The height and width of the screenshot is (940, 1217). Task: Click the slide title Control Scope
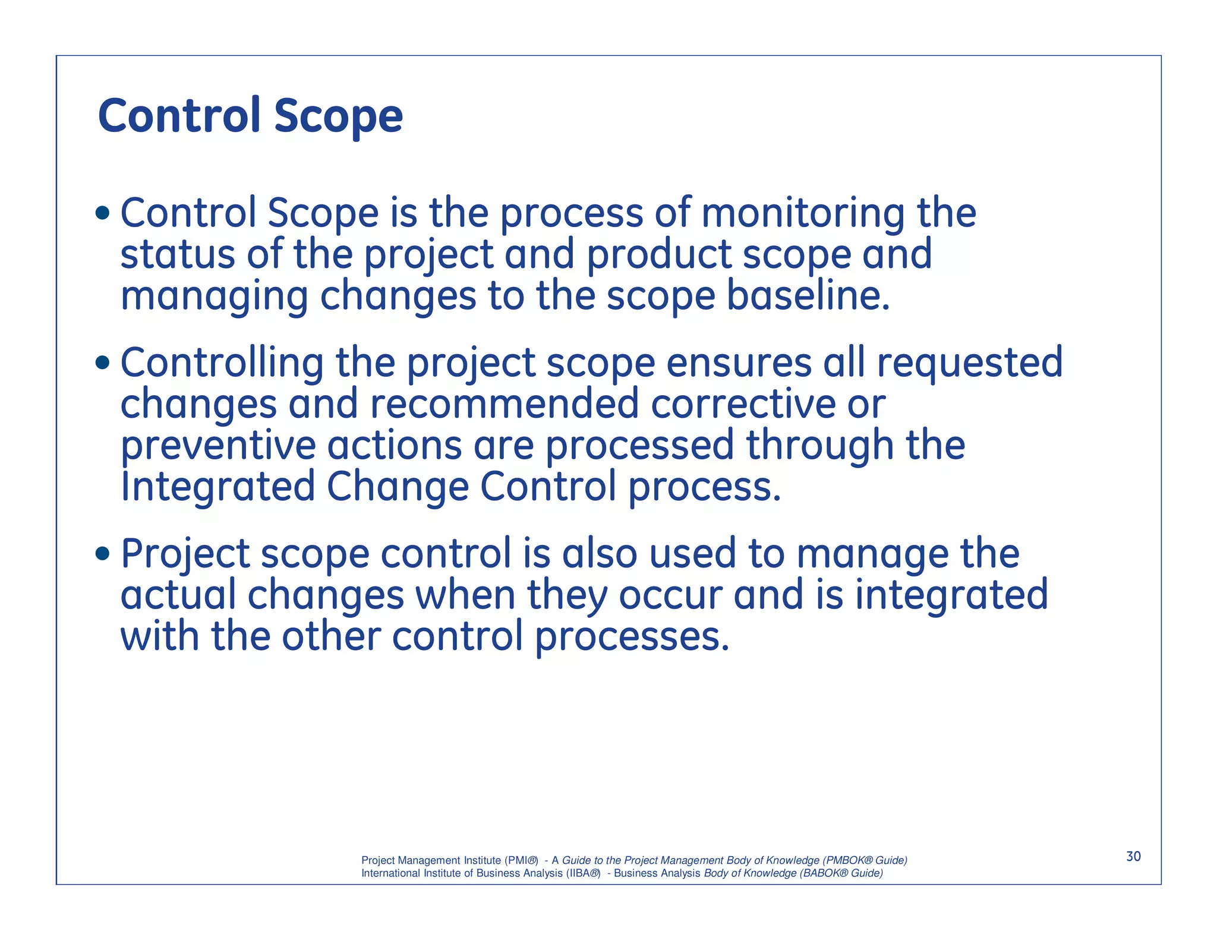coord(250,116)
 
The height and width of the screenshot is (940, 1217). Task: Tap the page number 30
coord(1133,856)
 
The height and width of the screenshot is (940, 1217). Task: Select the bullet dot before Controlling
coord(102,362)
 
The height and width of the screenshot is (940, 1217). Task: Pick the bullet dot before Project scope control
coord(102,553)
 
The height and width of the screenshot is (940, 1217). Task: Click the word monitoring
coord(803,213)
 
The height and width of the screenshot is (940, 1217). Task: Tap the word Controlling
coord(222,363)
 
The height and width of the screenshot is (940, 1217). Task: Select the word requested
coord(969,363)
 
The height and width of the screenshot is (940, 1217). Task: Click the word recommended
coord(504,404)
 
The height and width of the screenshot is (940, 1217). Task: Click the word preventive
coord(217,446)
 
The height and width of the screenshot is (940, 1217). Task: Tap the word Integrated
coord(217,487)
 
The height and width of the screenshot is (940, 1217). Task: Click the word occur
coord(670,595)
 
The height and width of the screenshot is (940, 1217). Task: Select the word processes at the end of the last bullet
coord(631,637)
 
